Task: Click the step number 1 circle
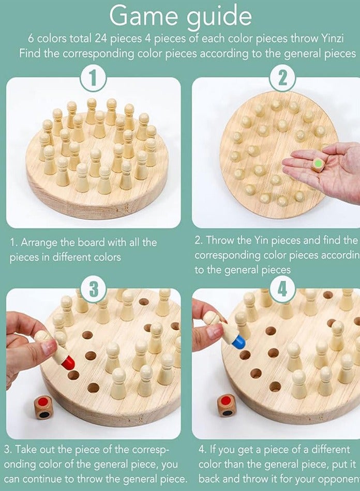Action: [x=93, y=79]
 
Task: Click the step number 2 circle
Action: [x=282, y=79]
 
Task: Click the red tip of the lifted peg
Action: [x=68, y=363]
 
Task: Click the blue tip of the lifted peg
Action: [x=238, y=341]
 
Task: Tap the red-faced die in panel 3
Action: [x=43, y=407]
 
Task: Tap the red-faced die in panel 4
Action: [x=226, y=405]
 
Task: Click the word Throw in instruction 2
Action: [x=219, y=240]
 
